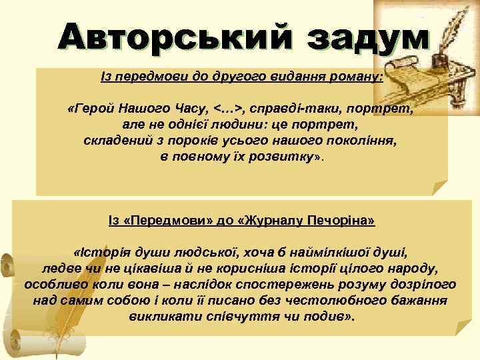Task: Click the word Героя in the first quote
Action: pos(96,109)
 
